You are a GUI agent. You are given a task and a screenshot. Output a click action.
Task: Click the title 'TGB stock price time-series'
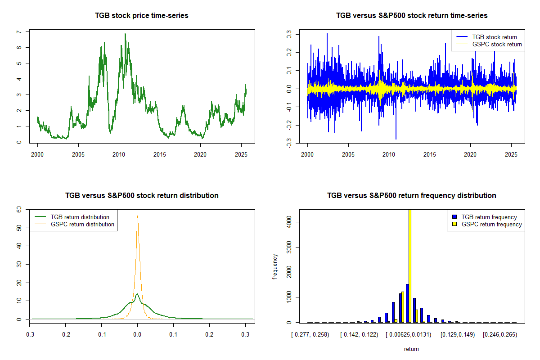142,16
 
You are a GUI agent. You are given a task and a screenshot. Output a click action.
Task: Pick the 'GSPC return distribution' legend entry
82,224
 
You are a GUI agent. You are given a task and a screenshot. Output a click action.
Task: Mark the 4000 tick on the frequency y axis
288,221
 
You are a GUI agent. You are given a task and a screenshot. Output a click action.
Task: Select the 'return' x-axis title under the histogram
411,349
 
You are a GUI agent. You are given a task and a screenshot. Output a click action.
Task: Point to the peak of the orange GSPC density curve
137,216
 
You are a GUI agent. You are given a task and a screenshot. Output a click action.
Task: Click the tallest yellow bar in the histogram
410,265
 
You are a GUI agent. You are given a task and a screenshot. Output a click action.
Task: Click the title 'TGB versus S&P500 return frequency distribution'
412,196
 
